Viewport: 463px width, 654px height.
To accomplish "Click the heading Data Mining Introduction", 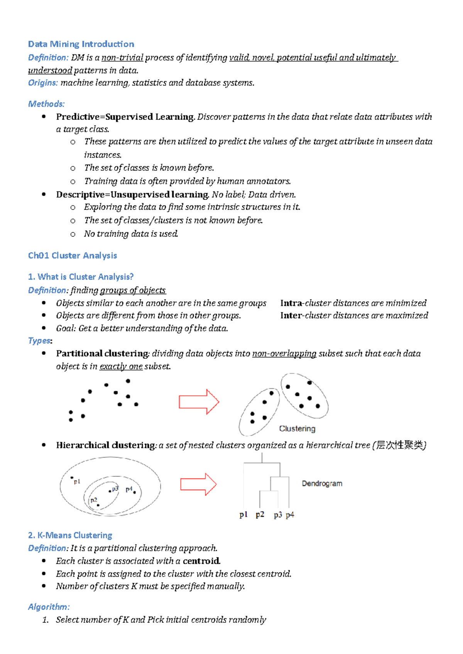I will [81, 44].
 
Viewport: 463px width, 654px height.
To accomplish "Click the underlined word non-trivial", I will [122, 58].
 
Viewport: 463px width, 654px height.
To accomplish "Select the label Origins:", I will [43, 83].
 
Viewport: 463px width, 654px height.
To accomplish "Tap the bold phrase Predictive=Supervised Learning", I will [125, 117].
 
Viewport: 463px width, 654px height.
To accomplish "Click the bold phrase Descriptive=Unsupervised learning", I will [132, 195].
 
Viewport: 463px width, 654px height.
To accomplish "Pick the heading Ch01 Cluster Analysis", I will [73, 255].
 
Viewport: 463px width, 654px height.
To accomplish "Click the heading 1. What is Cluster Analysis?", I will [81, 277].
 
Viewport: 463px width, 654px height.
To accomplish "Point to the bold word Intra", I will [291, 303].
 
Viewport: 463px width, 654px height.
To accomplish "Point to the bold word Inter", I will [291, 315].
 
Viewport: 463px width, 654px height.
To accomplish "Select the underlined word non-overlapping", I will [284, 354].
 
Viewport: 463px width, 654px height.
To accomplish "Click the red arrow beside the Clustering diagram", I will [198, 402].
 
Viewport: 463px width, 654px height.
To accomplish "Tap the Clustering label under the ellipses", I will [297, 429].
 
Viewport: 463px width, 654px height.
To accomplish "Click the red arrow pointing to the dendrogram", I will [198, 484].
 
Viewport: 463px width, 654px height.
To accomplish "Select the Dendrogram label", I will [322, 483].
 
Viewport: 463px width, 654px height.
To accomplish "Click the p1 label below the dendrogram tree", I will [243, 515].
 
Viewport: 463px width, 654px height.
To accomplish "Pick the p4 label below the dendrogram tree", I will [290, 515].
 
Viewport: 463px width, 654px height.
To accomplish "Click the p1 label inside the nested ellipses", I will [77, 481].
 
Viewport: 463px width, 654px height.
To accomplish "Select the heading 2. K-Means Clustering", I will [70, 535].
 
